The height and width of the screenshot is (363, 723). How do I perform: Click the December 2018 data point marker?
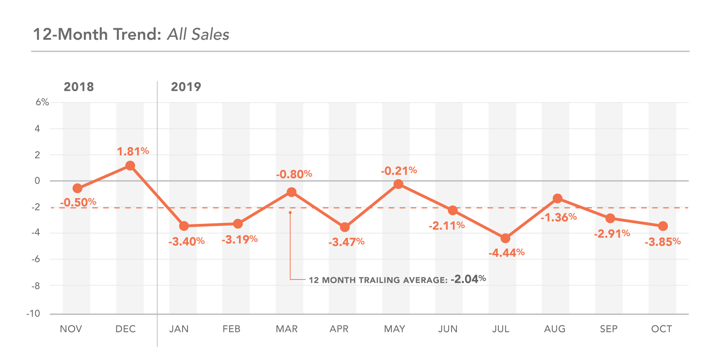pos(130,166)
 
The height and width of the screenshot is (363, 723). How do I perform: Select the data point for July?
pos(505,238)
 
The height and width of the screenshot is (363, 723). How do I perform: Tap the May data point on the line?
pos(398,184)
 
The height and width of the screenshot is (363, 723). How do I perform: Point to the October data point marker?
pos(663,226)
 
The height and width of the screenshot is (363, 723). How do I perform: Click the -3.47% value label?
pos(346,242)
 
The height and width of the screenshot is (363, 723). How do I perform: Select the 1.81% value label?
pos(133,151)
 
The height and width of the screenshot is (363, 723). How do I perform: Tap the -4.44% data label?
pos(506,253)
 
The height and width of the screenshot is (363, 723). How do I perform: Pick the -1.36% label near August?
pos(559,217)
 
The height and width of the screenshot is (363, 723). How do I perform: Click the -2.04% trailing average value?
pos(468,279)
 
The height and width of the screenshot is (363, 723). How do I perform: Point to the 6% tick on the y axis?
pos(42,102)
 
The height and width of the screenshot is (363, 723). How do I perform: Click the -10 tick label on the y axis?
pos(33,313)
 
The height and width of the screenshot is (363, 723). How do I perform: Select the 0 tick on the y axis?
pos(37,181)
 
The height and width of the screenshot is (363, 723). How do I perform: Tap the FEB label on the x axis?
pos(231,329)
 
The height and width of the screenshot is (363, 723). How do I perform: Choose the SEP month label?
pos(609,329)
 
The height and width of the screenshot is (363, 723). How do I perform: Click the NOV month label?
pos(71,329)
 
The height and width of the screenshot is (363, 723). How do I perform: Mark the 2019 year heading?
pos(186,87)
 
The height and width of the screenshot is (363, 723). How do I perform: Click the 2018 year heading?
pos(79,87)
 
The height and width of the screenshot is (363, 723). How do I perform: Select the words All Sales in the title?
pos(198,35)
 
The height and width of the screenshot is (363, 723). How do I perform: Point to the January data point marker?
pos(184,226)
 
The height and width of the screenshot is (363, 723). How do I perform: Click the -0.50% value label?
pos(78,202)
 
